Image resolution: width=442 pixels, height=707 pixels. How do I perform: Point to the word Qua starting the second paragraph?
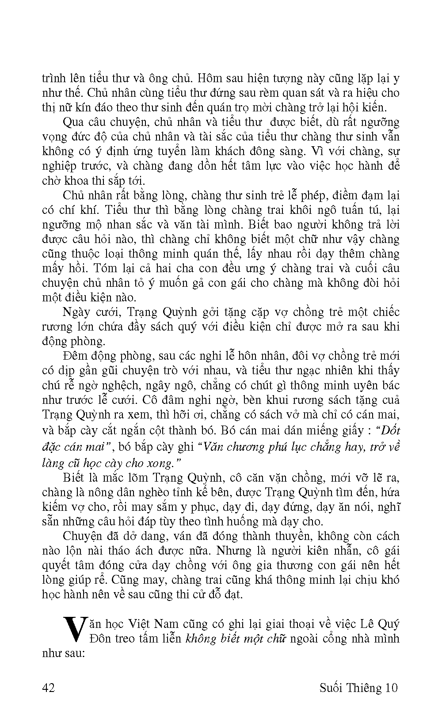[74, 122]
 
